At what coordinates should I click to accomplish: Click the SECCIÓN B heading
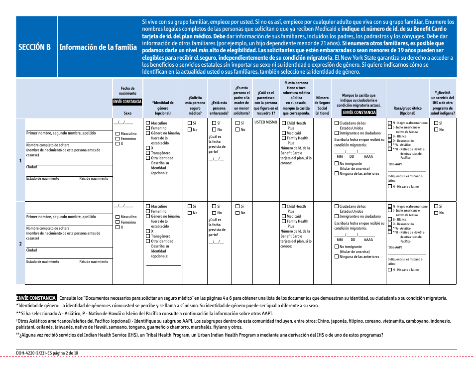point(34,47)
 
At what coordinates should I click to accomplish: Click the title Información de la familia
point(98,47)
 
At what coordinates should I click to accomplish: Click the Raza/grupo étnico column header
point(407,110)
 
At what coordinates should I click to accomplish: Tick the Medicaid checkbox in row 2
point(284,217)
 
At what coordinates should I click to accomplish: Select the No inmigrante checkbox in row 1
point(337,163)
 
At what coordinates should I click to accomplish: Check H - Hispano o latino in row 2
point(390,270)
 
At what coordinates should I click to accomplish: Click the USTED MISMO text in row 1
point(265,122)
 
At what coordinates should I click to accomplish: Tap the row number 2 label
point(20,244)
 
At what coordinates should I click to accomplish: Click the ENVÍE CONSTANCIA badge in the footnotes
point(36,298)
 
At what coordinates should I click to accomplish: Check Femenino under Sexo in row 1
point(118,139)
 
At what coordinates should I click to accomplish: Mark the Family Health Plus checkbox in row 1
point(284,138)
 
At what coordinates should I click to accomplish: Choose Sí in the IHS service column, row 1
point(436,123)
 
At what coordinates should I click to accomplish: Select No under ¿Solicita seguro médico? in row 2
point(189,213)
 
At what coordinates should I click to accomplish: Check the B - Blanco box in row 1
point(390,136)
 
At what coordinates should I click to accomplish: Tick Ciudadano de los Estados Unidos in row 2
point(337,206)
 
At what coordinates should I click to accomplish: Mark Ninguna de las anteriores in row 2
point(337,257)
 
